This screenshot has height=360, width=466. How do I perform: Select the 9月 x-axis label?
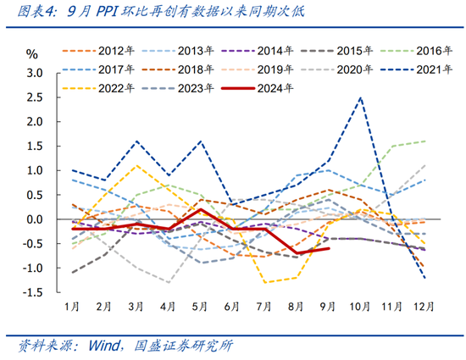click(328, 307)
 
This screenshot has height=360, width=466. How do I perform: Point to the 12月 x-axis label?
click(422, 307)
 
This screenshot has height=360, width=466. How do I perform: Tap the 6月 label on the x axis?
click(234, 307)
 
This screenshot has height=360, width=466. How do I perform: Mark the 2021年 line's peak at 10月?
click(360, 97)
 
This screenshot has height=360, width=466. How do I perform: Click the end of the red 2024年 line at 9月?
click(329, 249)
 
